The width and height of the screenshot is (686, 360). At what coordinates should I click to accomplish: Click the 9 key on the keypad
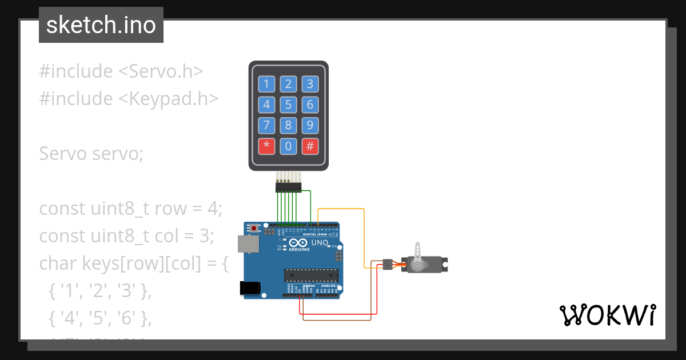coord(310,126)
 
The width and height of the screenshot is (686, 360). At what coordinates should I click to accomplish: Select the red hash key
coord(310,147)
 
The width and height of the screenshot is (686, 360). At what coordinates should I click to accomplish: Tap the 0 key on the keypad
coord(288,147)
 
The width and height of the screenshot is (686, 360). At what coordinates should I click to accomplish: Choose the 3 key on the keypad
coord(310,85)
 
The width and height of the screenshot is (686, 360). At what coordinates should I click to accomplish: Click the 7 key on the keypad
coord(266,126)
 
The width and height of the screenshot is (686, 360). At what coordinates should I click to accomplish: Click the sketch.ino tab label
coord(101,25)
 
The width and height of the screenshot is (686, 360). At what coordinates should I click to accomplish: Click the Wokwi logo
coord(607,315)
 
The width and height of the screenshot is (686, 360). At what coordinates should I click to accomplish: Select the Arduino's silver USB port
coord(248,245)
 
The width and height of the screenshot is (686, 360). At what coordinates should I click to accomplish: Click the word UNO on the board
coord(320,243)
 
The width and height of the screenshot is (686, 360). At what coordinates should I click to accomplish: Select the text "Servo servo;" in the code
coord(91,154)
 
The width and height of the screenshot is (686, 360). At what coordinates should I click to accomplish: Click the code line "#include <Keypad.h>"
coord(129,99)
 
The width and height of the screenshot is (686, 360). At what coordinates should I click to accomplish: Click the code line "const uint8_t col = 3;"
coord(126,236)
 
